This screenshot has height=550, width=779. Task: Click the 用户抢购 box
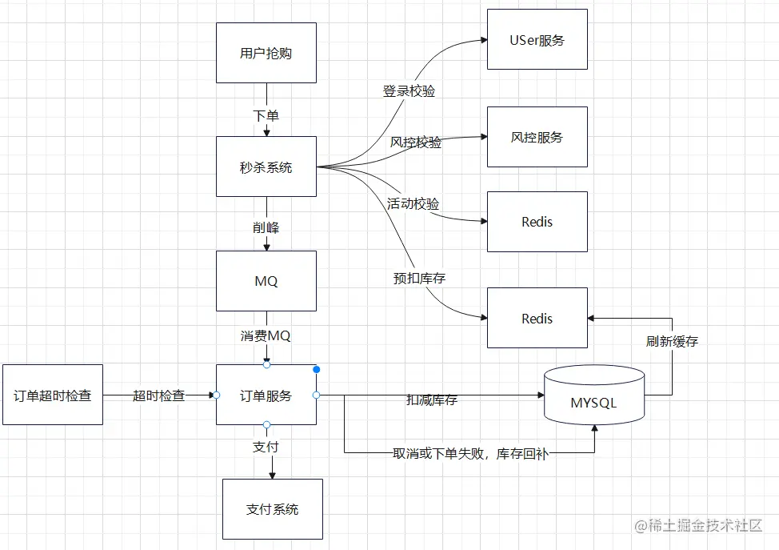pos(266,53)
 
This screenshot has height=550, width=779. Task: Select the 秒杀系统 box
pos(266,167)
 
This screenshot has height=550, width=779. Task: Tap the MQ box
pos(266,281)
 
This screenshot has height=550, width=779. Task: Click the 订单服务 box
pos(266,395)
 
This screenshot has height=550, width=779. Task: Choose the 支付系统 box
pos(272,509)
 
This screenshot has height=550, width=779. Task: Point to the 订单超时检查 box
pos(53,395)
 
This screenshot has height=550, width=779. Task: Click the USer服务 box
pos(537,39)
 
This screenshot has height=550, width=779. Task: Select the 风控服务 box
pos(537,137)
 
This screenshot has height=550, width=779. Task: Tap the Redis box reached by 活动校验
pos(537,222)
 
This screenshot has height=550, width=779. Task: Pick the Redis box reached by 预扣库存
pos(537,318)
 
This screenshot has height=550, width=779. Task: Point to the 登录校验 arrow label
pos(409,91)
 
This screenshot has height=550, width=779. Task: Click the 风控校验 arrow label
pos(416,143)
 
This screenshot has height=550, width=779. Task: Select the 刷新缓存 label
pos(672,341)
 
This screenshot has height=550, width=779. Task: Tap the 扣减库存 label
pos(432,399)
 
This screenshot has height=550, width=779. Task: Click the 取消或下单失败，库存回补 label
pos(470,454)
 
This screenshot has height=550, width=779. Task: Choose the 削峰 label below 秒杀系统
pos(266,228)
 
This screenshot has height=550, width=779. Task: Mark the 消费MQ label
pos(266,335)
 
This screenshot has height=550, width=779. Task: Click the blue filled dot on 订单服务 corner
pos(317,370)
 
